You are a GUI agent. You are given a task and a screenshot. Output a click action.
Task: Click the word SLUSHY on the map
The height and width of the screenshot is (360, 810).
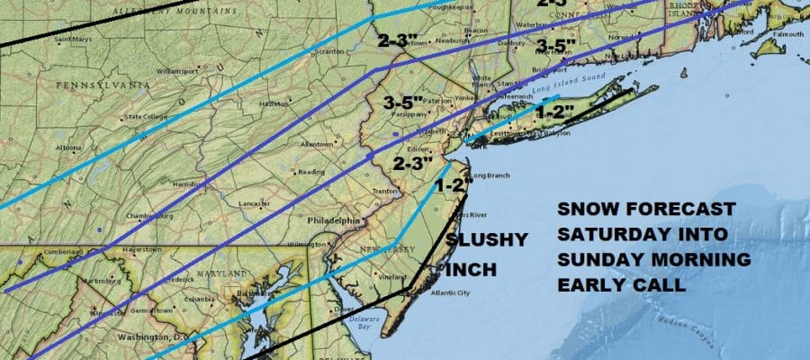pyautogui.click(x=482, y=242)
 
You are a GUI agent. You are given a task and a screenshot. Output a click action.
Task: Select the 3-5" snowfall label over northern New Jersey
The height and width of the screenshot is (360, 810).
pyautogui.click(x=403, y=102)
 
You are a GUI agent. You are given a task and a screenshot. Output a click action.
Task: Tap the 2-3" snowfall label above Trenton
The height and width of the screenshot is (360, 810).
pyautogui.click(x=415, y=164)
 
